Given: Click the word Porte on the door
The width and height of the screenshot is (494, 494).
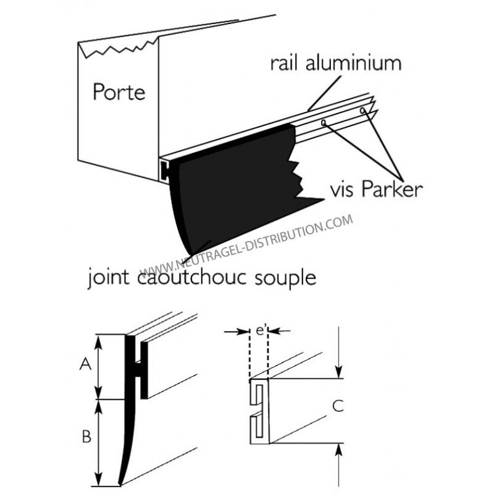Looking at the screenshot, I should coord(119,93).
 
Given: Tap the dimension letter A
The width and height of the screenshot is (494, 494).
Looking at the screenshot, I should coord(86,366).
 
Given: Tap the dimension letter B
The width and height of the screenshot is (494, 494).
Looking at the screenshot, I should coord(86,437).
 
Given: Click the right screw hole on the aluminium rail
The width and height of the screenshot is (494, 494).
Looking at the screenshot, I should coord(363,112).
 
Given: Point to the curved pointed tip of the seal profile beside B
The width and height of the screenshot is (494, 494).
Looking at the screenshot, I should coord(120,480).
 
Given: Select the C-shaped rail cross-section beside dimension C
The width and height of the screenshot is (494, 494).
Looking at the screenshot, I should coord(261,411).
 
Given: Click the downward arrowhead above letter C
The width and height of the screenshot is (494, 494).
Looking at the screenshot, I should coord(337,373).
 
